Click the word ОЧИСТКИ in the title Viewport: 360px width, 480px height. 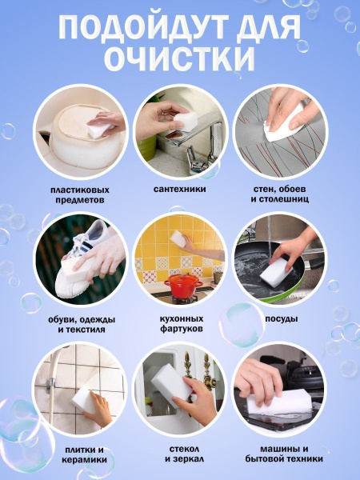pyautogui.click(x=180, y=58)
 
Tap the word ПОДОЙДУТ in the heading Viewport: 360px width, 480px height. pyautogui.click(x=143, y=27)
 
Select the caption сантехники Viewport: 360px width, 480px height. pyautogui.click(x=180, y=189)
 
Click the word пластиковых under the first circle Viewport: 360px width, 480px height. pyautogui.click(x=79, y=190)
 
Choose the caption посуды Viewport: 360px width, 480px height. pyautogui.click(x=282, y=319)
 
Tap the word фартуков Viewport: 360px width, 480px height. pyautogui.click(x=182, y=330)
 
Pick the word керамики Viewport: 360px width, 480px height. pyautogui.click(x=85, y=460)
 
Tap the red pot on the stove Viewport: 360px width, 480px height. pyautogui.click(x=183, y=286)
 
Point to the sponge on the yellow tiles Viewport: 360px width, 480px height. pyautogui.click(x=178, y=239)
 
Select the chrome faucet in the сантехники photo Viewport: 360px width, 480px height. pyautogui.click(x=197, y=144)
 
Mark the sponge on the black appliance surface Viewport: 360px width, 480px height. pyautogui.click(x=278, y=402)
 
